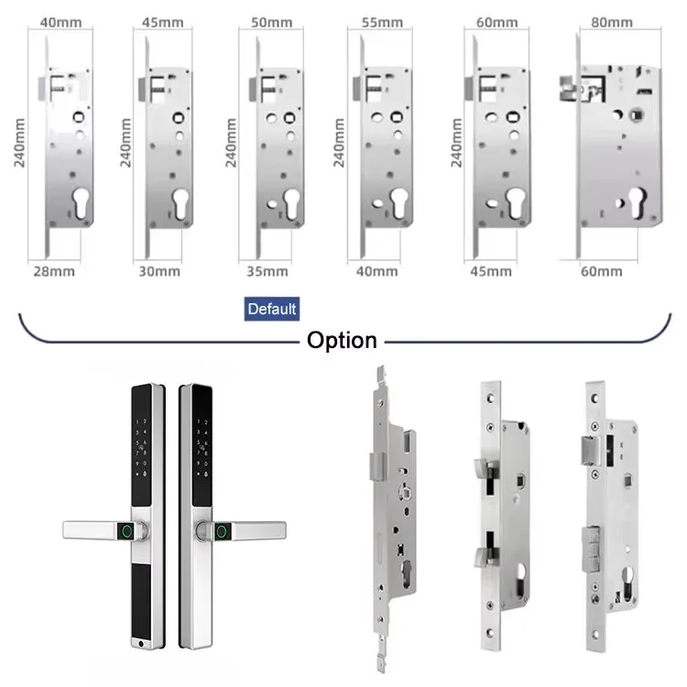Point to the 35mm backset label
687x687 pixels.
click(x=268, y=271)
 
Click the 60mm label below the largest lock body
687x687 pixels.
click(x=604, y=270)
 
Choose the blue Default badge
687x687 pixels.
click(x=272, y=309)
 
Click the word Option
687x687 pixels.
click(x=342, y=341)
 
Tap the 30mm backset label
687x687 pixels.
click(x=159, y=270)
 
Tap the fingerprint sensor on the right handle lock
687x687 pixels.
click(x=221, y=529)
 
